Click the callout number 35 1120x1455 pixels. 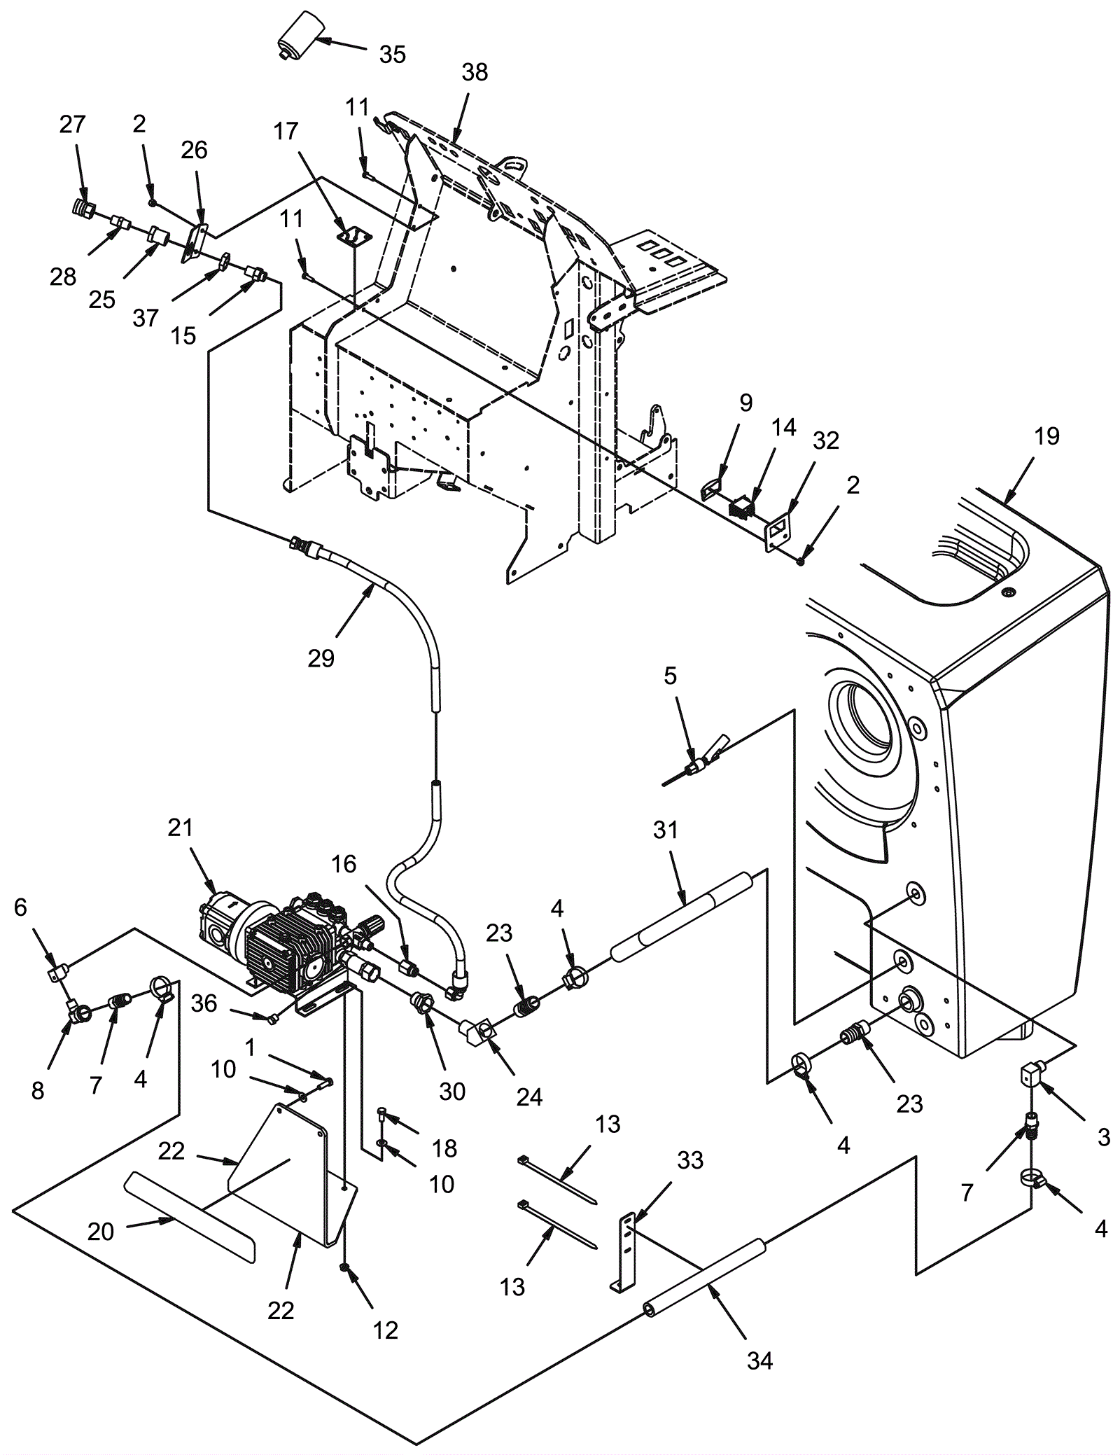tap(393, 55)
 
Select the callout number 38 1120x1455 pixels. tap(475, 72)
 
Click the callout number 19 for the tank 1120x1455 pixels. tap(1047, 436)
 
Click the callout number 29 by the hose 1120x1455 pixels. tap(321, 658)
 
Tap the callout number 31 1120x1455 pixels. tap(666, 830)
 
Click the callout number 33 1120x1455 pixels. tap(690, 1161)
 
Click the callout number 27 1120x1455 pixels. tap(72, 124)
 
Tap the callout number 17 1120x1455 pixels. tap(286, 131)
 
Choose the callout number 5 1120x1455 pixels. tap(671, 676)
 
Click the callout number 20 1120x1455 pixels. tap(101, 1231)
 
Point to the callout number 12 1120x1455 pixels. tap(386, 1330)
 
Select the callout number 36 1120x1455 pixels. tap(204, 1004)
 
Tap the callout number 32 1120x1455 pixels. tap(826, 440)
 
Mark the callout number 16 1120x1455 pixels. tap(344, 864)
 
